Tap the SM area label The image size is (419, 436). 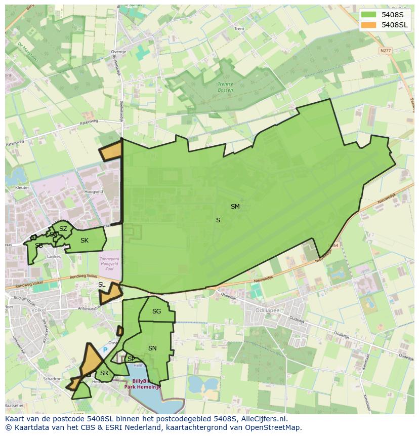coord(235,207)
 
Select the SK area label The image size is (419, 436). coord(85,241)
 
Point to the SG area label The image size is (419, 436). coord(156,311)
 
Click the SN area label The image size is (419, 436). coord(152,348)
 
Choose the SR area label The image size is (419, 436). coord(104,373)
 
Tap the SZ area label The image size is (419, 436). coord(63,229)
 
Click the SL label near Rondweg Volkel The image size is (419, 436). coord(102,285)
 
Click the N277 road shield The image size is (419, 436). coord(386,50)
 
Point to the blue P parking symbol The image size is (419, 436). coord(105,350)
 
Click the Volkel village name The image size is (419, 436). coord(38,310)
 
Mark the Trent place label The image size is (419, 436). coord(239,29)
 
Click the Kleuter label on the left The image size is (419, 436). coord(22,187)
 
